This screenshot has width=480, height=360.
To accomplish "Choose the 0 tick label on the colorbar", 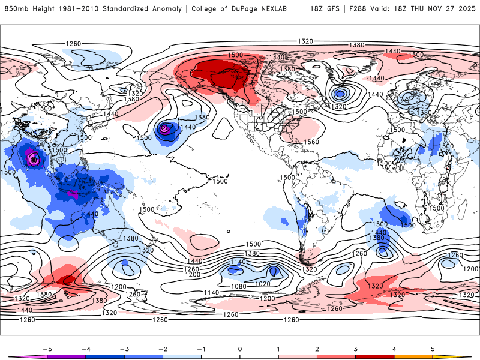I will tap(240, 349).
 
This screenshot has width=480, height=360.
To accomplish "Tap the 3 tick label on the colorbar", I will tap(356, 349).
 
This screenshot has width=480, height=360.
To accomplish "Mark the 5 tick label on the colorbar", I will tap(433, 349).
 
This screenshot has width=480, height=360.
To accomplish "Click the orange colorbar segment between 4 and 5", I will tap(413, 356).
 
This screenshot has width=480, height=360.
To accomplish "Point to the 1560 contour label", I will tap(311, 142).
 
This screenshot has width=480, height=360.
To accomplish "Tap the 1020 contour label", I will tap(263, 283).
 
